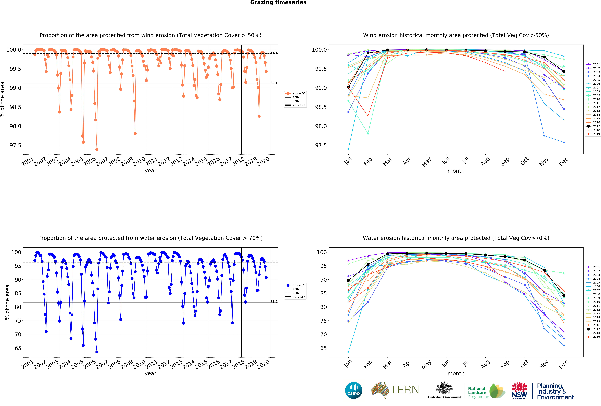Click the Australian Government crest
tap(444, 388)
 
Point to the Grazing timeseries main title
tap(278, 3)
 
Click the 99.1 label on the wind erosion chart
tap(274, 83)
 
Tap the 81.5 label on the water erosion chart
tap(274, 301)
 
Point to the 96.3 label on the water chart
tap(274, 261)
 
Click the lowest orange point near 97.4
tap(97, 149)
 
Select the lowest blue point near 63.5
tap(97, 352)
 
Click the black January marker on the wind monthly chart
tap(348, 87)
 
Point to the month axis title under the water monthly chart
tap(456, 373)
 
